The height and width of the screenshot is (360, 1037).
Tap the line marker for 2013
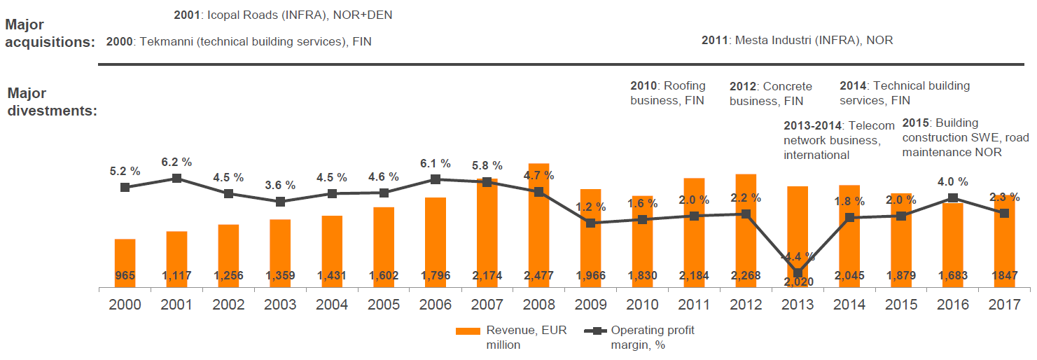pos(798,273)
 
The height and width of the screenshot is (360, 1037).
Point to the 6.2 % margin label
pos(176,161)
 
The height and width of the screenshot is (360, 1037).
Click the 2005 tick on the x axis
pos(383,305)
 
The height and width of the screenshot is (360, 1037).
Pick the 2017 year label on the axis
pos(1004,305)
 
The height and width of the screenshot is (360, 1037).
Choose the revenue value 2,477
pos(538,276)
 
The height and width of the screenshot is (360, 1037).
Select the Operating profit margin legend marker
pos(595,331)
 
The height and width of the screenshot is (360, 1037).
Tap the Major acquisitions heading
pos(49,33)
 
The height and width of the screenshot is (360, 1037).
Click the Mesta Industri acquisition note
pos(797,41)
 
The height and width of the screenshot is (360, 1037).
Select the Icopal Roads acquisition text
pos(282,14)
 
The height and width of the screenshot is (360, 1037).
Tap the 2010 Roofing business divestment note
pos(668,93)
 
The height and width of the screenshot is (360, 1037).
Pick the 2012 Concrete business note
pos(771,94)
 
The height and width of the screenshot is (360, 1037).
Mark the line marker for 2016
pos(952,198)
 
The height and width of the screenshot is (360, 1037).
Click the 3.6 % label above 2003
pos(280,186)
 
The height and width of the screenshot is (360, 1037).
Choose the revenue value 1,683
pos(952,276)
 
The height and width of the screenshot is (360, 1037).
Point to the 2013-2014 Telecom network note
pos(839,140)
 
